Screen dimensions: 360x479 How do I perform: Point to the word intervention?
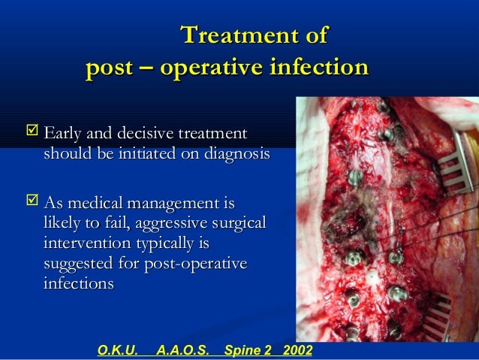pyautogui.click(x=83, y=244)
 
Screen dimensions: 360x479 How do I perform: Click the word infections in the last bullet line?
pyautogui.click(x=79, y=285)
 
